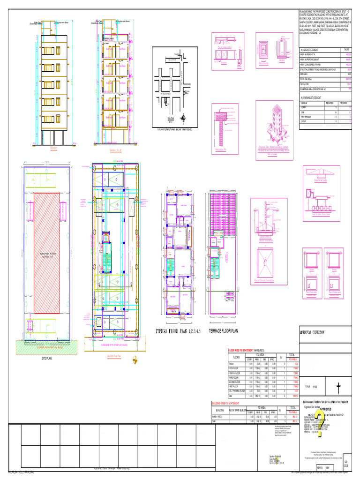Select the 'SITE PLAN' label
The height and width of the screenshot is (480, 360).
pos(46,357)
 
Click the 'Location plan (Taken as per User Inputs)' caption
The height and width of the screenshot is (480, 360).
pos(174,129)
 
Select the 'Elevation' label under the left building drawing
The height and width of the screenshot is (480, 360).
pos(53,147)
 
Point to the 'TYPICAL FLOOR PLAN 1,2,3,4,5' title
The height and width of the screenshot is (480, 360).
pos(180,331)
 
